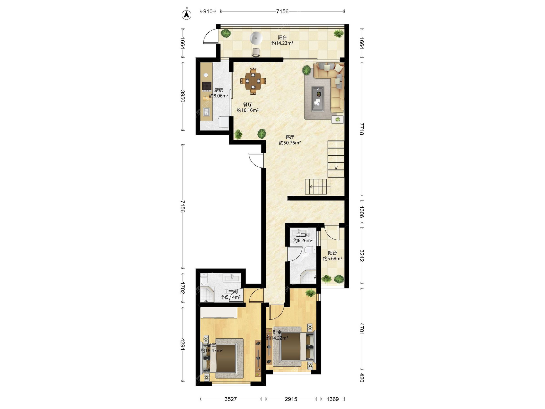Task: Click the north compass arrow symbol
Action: [186, 14]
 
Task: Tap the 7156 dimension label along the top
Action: [282, 11]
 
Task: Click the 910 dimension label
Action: [208, 11]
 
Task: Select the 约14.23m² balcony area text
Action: [282, 43]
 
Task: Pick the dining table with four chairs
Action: [253, 81]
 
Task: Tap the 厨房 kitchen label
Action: [219, 90]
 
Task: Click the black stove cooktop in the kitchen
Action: [207, 86]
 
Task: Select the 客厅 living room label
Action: [290, 137]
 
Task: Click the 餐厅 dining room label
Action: [248, 105]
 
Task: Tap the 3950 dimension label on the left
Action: [183, 96]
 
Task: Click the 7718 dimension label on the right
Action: [362, 129]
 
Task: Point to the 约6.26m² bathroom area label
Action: [303, 241]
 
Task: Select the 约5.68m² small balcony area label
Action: [332, 258]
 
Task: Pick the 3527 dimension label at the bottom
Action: [230, 399]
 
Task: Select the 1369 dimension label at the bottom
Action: [333, 399]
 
